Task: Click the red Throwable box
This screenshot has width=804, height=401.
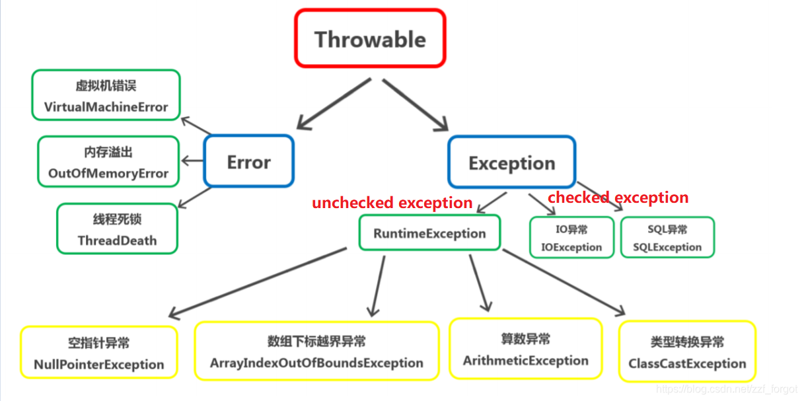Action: [370, 38]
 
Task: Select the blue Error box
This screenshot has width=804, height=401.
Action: [248, 161]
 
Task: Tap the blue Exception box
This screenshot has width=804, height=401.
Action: [511, 163]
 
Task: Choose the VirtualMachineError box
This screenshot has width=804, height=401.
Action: [106, 95]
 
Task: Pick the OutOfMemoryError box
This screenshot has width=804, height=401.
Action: [108, 162]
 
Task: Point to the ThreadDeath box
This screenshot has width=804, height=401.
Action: [117, 229]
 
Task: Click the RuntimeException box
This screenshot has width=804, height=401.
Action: [429, 233]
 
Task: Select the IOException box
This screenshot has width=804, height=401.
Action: [571, 238]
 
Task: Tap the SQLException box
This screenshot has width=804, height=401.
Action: [667, 238]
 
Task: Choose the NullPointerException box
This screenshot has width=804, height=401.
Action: [99, 353]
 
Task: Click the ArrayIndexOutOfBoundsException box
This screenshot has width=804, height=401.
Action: [316, 351]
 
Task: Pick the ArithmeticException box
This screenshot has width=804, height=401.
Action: [525, 349]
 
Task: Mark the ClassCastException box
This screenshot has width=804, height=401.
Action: [687, 351]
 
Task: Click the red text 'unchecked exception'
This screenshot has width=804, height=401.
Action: [392, 203]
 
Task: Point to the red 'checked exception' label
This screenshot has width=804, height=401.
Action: [618, 198]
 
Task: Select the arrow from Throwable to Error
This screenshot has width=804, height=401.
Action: [334, 104]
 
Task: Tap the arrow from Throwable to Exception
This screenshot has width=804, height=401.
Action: [415, 104]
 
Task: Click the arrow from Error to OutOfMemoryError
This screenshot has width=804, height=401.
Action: [192, 161]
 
